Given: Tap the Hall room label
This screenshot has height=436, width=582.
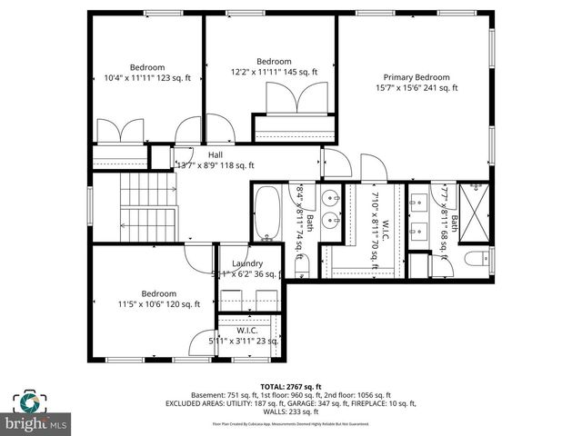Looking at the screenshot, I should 215,154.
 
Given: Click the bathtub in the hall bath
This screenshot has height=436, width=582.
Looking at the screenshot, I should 267,214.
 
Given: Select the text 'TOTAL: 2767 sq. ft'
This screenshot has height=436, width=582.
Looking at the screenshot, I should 290,387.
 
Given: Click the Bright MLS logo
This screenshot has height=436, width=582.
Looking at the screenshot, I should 37,414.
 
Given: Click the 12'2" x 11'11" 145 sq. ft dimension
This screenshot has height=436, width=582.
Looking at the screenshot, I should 273,72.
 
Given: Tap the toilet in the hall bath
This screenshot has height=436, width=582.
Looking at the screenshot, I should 305,266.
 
